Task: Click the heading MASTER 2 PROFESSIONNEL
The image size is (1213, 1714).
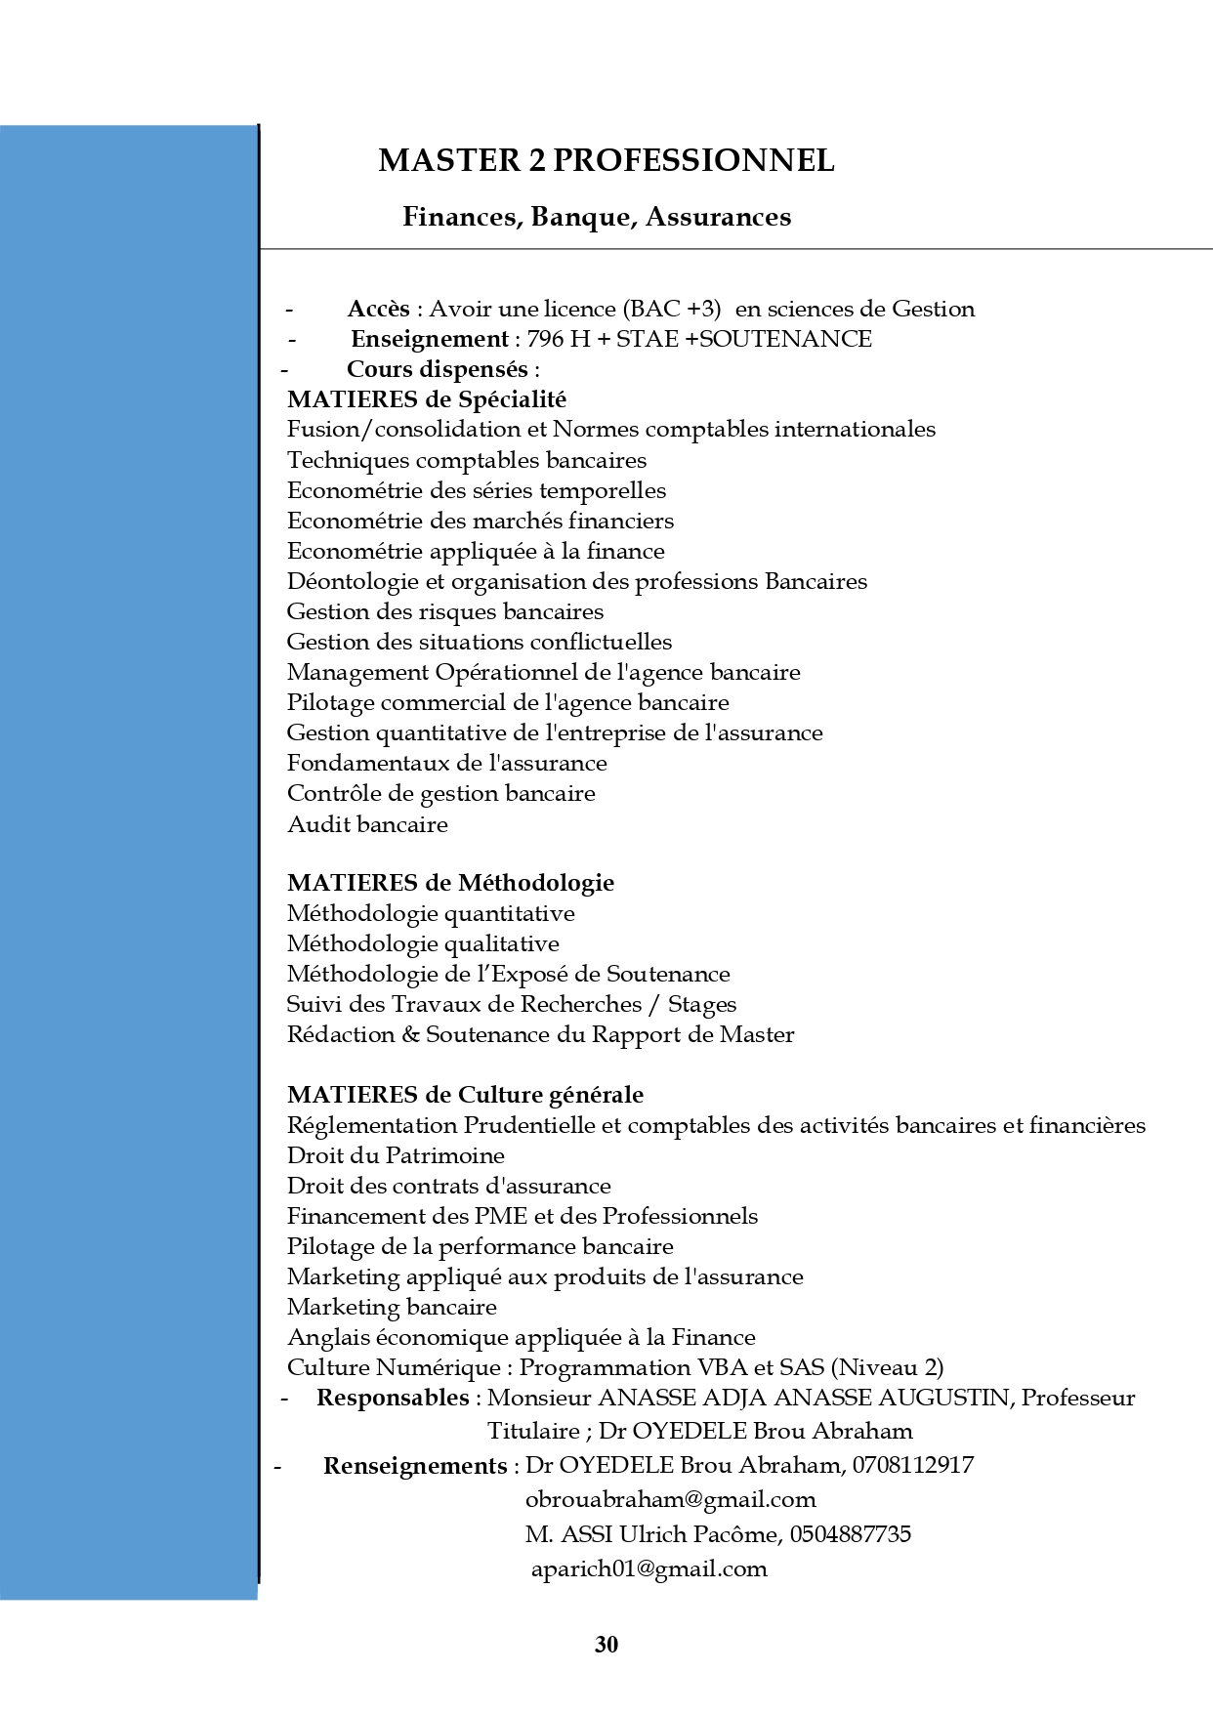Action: pos(606,160)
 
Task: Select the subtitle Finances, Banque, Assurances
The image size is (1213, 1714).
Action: pos(597,217)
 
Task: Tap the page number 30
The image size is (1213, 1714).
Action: pos(606,1645)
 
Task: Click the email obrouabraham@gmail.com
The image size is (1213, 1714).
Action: pos(670,1499)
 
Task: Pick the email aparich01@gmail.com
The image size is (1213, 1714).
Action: pos(648,1568)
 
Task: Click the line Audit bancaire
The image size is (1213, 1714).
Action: pos(367,824)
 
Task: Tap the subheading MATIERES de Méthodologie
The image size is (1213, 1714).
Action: pos(450,883)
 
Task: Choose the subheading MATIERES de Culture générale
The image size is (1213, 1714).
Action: pos(465,1095)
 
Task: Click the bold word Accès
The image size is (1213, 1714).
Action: pos(379,310)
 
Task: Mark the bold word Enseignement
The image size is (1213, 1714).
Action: pos(429,340)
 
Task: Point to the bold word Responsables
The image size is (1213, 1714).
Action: pos(393,1398)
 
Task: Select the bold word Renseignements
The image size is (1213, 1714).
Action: pos(414,1465)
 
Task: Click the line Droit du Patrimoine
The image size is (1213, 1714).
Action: pos(396,1155)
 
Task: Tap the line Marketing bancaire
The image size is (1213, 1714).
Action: pos(392,1307)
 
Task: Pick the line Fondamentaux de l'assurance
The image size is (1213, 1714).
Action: pos(446,763)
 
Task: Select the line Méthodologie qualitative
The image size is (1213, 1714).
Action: pos(423,943)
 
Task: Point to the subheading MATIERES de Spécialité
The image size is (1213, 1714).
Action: pos(427,399)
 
